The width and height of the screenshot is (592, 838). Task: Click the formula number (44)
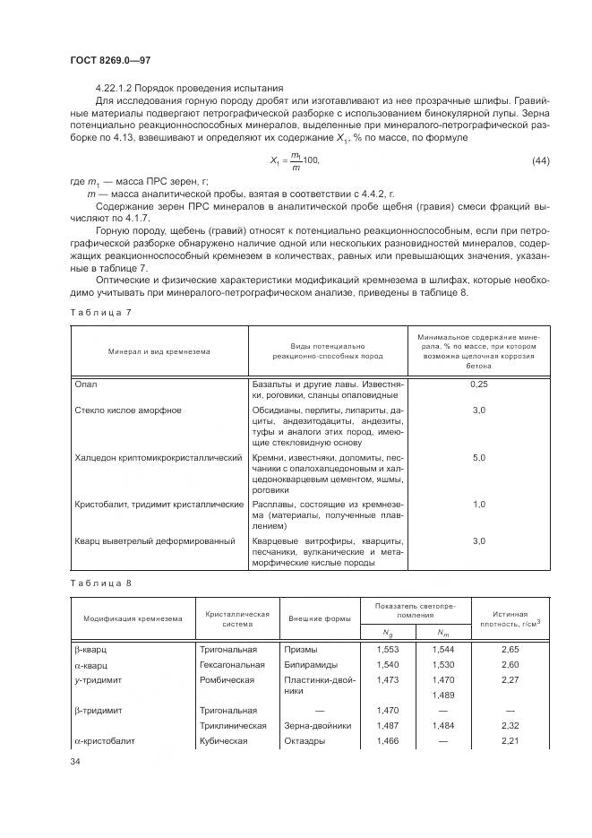pos(540,160)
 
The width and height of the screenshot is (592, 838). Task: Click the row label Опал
pos(85,384)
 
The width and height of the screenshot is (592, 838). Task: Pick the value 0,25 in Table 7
pos(478,384)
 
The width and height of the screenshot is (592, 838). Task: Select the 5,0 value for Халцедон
pos(478,457)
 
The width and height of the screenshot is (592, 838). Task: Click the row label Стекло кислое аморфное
pos(127,410)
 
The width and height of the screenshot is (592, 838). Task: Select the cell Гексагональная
pos(232,665)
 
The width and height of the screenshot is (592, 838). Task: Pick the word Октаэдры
pos(305,741)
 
